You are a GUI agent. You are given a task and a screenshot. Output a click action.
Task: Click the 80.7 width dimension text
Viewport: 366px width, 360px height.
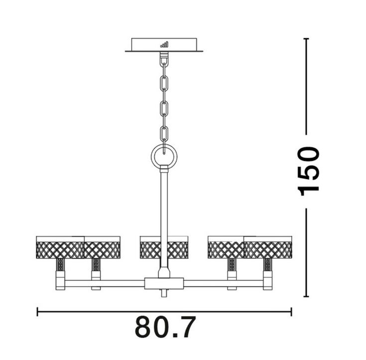click(164, 327)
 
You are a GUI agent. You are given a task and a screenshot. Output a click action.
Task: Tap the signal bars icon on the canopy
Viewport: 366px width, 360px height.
click(164, 44)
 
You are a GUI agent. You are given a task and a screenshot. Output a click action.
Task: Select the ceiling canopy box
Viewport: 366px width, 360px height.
click(164, 45)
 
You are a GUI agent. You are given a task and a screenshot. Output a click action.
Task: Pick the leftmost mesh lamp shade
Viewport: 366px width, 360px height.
click(60, 247)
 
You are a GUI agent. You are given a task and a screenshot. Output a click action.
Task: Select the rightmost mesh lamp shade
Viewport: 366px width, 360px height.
click(268, 247)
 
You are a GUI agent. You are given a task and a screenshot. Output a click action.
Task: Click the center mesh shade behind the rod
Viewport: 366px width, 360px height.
click(164, 247)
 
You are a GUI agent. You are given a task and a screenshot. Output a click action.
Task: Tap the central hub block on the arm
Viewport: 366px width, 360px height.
click(164, 284)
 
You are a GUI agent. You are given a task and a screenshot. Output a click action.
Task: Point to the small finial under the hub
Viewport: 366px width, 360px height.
click(164, 293)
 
